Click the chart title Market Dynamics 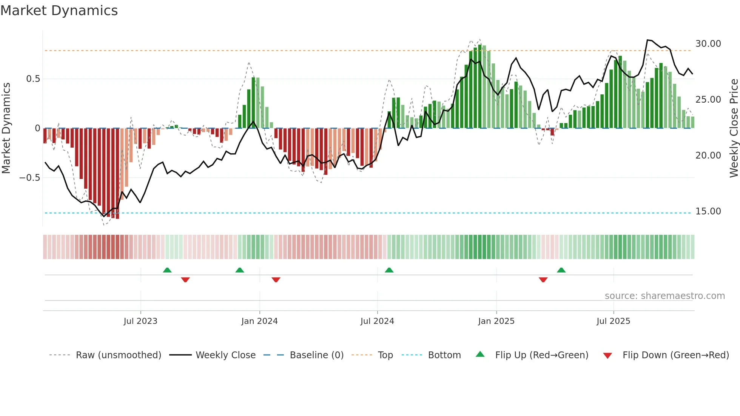pos(59,11)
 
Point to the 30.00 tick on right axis pos(708,44)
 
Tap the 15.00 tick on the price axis pos(708,211)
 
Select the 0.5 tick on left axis pos(33,79)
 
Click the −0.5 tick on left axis pos(30,178)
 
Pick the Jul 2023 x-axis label pos(140,321)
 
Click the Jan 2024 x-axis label pos(259,321)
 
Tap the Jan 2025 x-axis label pos(496,321)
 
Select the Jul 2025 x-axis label pos(613,321)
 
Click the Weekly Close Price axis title pos(734,128)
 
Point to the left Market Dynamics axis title pos(6,128)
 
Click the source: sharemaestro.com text pos(664,296)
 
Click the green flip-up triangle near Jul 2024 pos(389,270)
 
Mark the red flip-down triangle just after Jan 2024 pos(276,280)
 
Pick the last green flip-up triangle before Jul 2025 pos(561,270)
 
